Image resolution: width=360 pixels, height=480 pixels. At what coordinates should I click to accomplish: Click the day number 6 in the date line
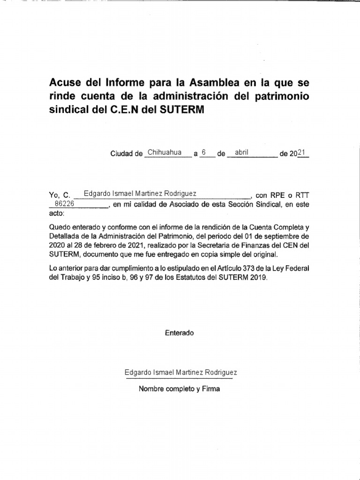tap(204, 152)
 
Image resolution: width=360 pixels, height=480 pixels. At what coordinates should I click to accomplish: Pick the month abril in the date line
tap(241, 152)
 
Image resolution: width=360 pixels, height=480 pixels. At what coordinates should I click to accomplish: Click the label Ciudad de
tap(126, 153)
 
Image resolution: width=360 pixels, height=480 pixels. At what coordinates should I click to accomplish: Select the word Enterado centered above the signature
tap(179, 333)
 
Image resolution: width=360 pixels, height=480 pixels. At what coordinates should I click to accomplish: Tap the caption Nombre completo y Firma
tap(179, 389)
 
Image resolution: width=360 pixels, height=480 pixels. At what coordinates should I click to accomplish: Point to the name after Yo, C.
tap(140, 194)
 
